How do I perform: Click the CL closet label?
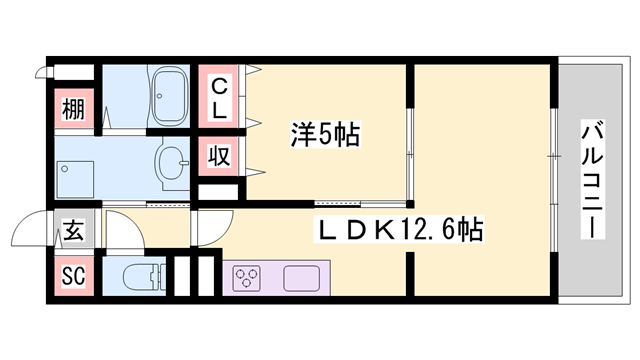pyautogui.click(x=219, y=96)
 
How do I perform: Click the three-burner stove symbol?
pyautogui.click(x=247, y=276)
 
